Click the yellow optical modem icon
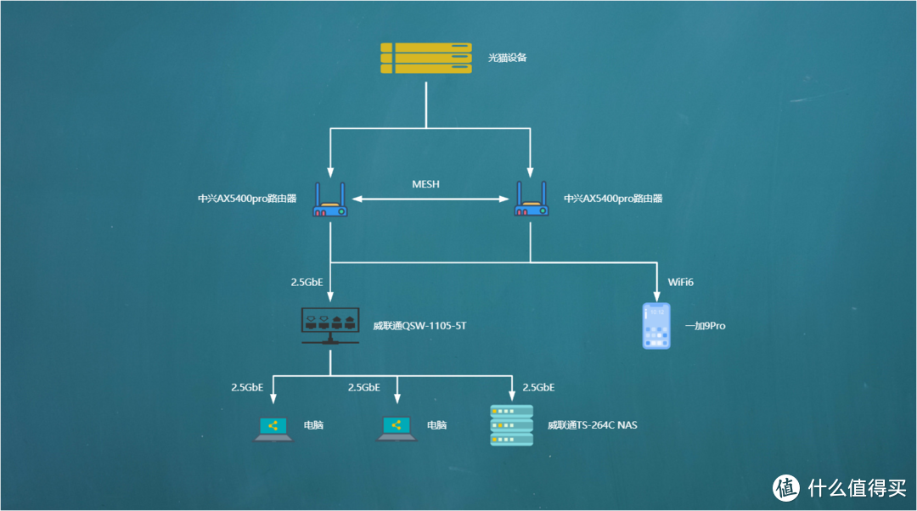pos(425,58)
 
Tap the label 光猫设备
pos(508,58)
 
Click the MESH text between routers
pos(425,183)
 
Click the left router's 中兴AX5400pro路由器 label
pos(248,199)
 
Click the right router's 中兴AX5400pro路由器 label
pos(613,199)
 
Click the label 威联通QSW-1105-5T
pos(419,325)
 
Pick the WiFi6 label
pos(681,282)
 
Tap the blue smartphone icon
pos(656,325)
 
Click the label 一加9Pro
pos(706,325)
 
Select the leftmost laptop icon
pos(273,430)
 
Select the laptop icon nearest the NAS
pos(397,430)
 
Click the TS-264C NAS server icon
pos(512,425)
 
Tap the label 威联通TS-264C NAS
pos(592,425)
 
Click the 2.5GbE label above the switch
pos(307,282)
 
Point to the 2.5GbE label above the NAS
pos(538,387)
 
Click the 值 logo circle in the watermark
pos(786,487)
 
